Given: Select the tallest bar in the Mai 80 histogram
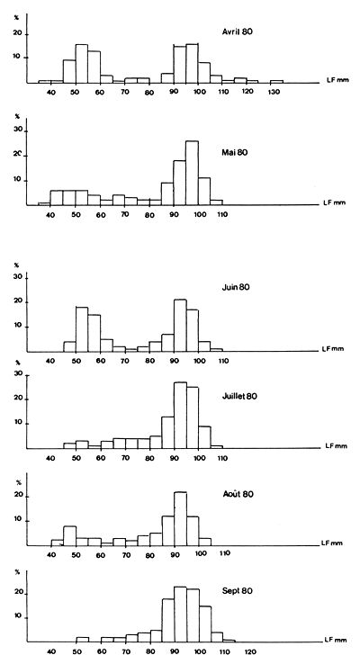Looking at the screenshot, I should [192, 173].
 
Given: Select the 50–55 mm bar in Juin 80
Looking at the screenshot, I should [81, 329].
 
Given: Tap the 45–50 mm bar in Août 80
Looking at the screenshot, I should [69, 536].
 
